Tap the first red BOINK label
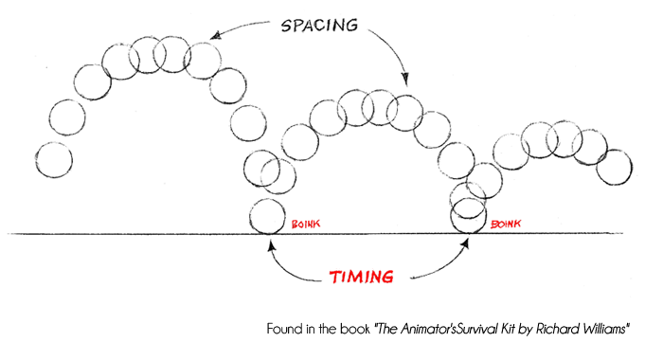[307, 224]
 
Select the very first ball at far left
[53, 158]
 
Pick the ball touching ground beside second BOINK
[467, 219]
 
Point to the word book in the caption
[353, 329]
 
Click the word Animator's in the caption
[413, 329]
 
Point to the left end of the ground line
[11, 233]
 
